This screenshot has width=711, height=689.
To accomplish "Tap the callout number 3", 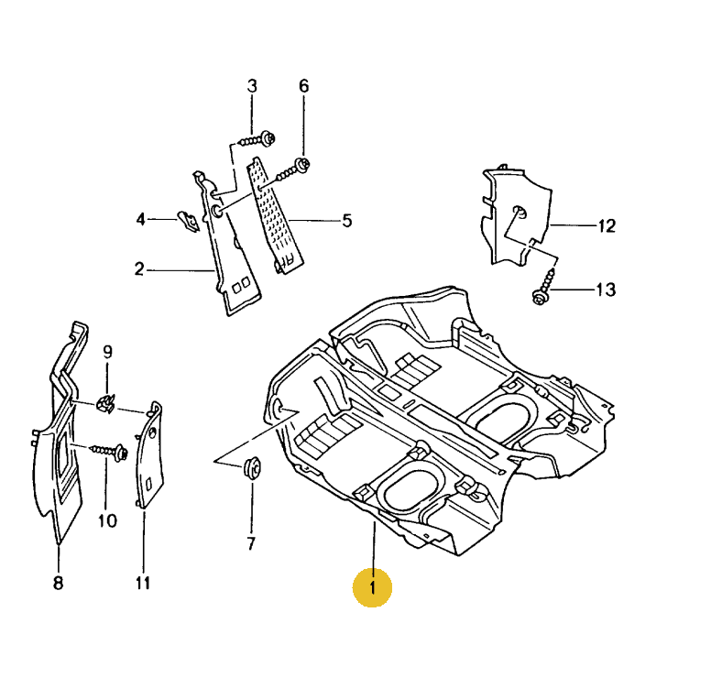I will (252, 86).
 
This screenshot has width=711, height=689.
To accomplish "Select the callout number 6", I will (304, 86).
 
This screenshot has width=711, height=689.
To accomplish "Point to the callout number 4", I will (141, 219).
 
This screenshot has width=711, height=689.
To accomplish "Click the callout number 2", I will (139, 269).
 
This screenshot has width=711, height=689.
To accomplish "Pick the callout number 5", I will (347, 220).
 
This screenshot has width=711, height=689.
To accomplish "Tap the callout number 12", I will (607, 225).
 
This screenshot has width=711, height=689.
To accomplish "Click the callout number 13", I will (606, 290).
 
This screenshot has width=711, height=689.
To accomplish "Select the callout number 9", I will (107, 351).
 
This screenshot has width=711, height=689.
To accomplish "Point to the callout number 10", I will (107, 521).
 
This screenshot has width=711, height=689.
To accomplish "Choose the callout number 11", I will (143, 583).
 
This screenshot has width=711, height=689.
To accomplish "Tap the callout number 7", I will (251, 543).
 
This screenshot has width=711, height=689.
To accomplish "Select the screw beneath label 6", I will (296, 168).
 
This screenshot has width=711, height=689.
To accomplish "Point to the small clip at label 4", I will (189, 221).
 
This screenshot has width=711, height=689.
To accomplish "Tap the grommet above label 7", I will (250, 469).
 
